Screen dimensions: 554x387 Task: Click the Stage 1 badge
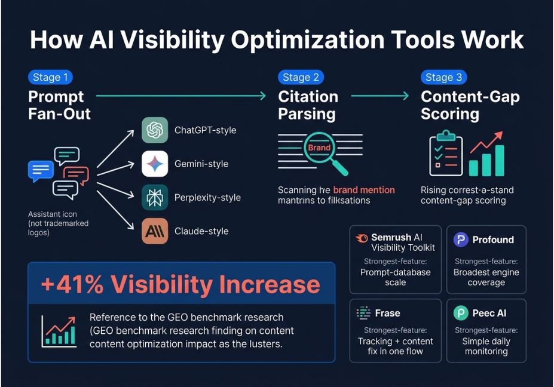point(50,77)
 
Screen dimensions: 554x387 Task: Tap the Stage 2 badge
point(301,77)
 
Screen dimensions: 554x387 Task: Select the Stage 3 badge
point(443,77)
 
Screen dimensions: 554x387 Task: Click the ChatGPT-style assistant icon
point(155,130)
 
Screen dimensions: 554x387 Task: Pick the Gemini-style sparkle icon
point(155,164)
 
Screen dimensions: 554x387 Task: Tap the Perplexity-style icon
point(155,198)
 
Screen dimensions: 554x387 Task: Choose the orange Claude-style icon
point(155,231)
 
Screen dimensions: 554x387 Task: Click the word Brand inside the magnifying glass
point(319,148)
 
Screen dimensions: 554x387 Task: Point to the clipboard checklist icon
point(446,153)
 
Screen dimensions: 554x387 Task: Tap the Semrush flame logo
point(362,238)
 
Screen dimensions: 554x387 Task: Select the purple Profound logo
point(461,239)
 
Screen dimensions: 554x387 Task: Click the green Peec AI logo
point(461,313)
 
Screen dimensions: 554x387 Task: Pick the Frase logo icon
point(363,313)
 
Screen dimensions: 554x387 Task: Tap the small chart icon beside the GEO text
point(59,331)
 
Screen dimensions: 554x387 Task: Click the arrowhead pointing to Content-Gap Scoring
point(406,96)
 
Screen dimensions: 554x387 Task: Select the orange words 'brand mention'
point(364,190)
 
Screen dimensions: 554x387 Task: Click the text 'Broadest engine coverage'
point(486,278)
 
